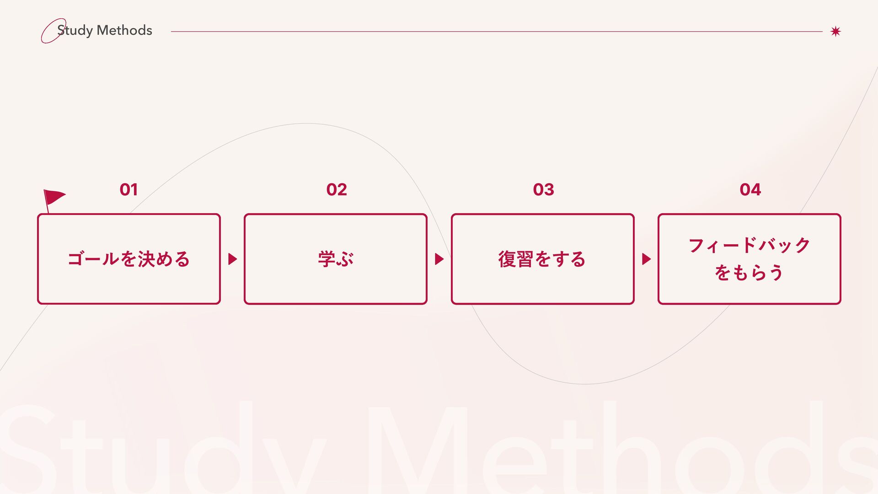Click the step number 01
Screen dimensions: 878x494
tap(128, 189)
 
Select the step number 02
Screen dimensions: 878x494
tap(337, 189)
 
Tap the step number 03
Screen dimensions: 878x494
tap(543, 189)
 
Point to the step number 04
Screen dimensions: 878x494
tap(750, 189)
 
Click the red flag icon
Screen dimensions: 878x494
tap(54, 197)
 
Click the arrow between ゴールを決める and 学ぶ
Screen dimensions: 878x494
tap(232, 259)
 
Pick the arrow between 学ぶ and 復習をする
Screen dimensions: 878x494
tap(439, 259)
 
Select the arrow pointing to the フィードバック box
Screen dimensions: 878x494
tap(646, 259)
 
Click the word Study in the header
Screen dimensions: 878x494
tap(75, 31)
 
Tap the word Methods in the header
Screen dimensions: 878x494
tap(124, 30)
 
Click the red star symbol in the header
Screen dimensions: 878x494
tap(835, 31)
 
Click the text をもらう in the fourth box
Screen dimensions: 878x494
tap(749, 273)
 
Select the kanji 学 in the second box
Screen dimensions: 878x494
tap(327, 259)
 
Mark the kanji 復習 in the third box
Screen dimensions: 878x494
tap(515, 259)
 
